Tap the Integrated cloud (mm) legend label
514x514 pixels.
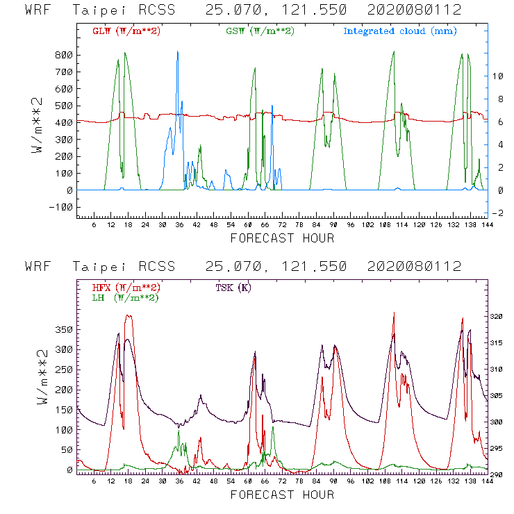coord(400,31)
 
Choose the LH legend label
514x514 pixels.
coord(125,297)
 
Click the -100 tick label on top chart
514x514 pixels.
coord(60,207)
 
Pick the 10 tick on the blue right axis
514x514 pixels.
coord(498,76)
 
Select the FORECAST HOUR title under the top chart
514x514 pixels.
coord(282,238)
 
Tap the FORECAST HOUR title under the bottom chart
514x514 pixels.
coord(282,495)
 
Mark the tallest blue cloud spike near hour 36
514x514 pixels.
coord(178,53)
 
